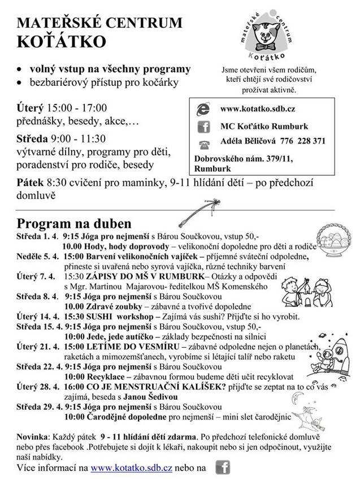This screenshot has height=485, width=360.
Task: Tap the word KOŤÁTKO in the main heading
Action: [62, 42]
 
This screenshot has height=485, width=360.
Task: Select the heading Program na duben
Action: [74, 223]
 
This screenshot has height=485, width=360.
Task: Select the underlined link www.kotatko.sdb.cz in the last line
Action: [123, 469]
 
